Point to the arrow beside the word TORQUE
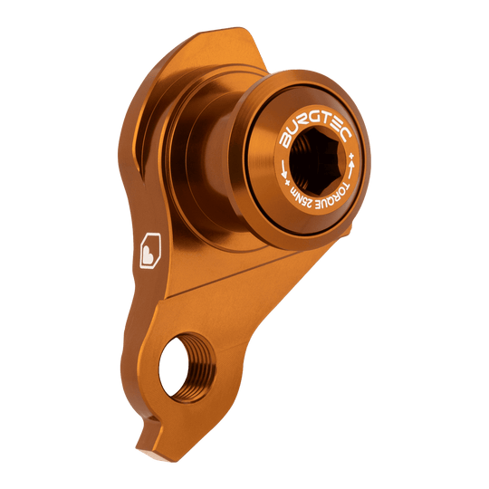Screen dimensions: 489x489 (x=352, y=169)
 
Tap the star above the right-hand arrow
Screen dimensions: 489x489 (x=351, y=155)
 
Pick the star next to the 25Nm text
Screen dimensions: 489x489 (x=287, y=182)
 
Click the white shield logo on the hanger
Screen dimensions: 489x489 (x=150, y=251)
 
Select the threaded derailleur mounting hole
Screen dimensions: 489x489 (x=187, y=367)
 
